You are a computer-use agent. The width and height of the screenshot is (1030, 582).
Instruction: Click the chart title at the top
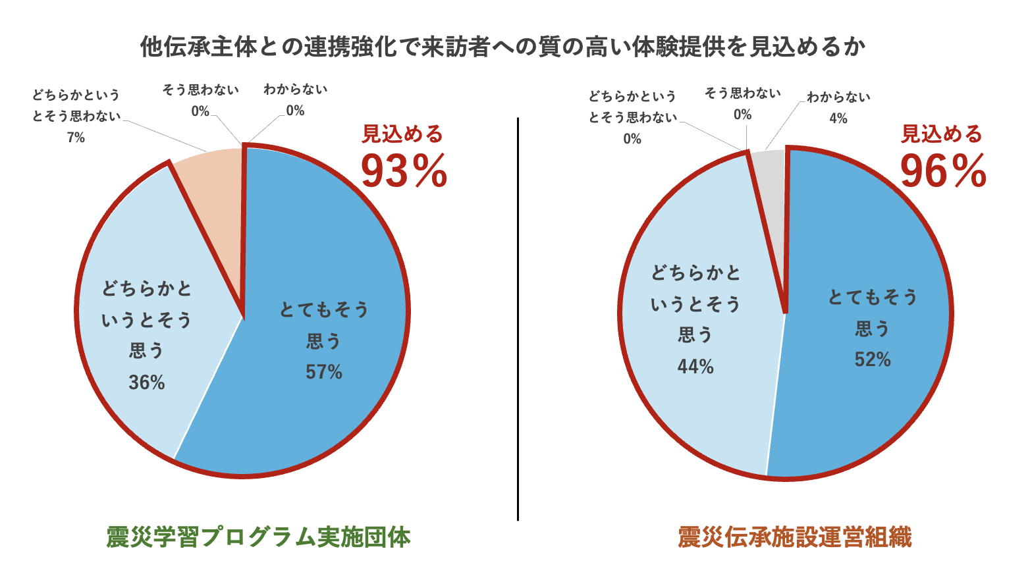pyautogui.click(x=502, y=47)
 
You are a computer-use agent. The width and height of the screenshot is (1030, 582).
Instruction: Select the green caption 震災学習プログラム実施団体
pyautogui.click(x=258, y=537)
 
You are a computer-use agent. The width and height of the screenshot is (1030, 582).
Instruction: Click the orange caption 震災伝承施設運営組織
pyautogui.click(x=795, y=537)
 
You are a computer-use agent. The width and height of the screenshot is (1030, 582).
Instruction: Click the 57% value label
pyautogui.click(x=324, y=373)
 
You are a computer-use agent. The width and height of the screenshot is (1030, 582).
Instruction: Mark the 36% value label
pyautogui.click(x=147, y=383)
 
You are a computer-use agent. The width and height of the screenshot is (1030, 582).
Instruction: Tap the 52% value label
pyautogui.click(x=873, y=359)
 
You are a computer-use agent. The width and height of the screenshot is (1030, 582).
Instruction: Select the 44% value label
pyautogui.click(x=695, y=367)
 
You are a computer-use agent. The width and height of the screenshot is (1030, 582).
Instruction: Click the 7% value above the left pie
pyautogui.click(x=76, y=138)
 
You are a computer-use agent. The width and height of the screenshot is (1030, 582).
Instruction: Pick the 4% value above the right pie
pyautogui.click(x=838, y=119)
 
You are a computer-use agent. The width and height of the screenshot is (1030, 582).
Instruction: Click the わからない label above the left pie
pyautogui.click(x=295, y=90)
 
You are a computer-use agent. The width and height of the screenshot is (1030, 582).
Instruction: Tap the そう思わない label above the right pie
pyautogui.click(x=742, y=93)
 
